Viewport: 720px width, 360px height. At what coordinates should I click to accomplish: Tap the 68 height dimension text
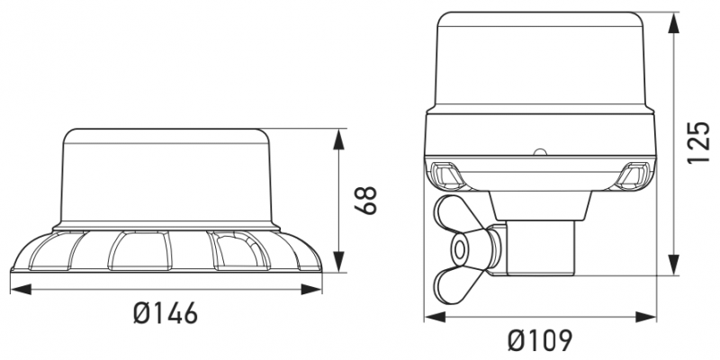tap(364, 201)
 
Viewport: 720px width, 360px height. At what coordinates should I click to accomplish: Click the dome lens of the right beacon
tap(540, 58)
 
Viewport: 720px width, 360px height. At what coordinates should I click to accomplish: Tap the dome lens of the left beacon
tap(166, 175)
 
